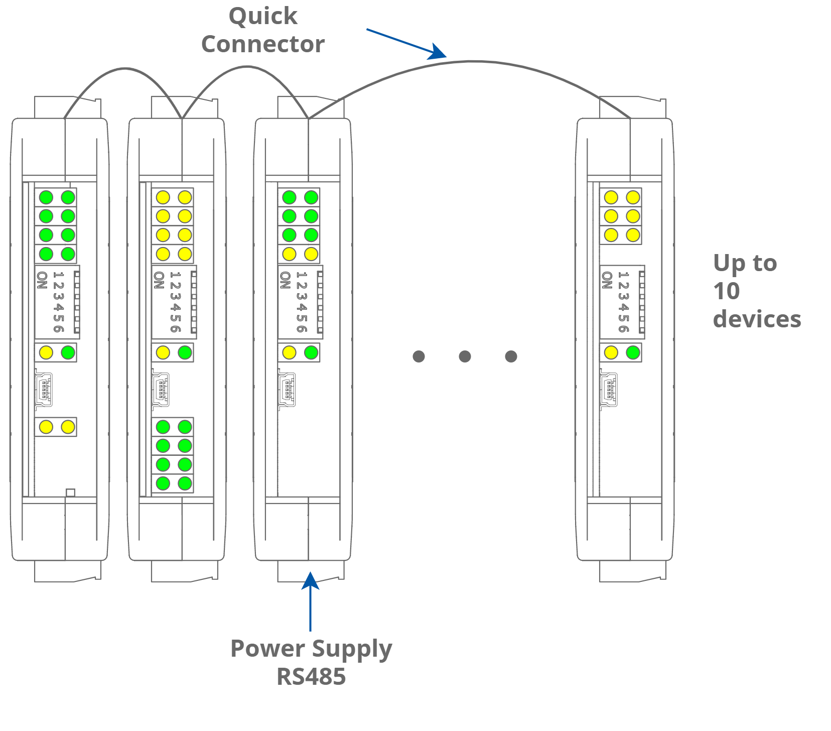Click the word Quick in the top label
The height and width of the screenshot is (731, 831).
pyautogui.click(x=263, y=17)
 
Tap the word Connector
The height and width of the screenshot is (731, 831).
pyautogui.click(x=263, y=44)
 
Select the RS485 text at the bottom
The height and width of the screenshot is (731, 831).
pyautogui.click(x=311, y=676)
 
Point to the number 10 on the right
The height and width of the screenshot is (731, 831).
pyautogui.click(x=726, y=291)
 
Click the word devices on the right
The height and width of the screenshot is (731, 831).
pyautogui.click(x=757, y=319)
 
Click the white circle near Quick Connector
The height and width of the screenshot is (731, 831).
pyautogui.click(x=406, y=49)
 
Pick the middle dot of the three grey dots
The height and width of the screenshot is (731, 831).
pyautogui.click(x=465, y=356)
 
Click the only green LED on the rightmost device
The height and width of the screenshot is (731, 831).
pyautogui.click(x=633, y=352)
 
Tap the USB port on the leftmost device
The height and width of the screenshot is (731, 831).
pyautogui.click(x=44, y=389)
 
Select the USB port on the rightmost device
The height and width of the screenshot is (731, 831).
pyautogui.click(x=609, y=389)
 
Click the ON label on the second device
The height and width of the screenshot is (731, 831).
pyautogui.click(x=159, y=280)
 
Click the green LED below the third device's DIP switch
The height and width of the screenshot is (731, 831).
pyautogui.click(x=311, y=352)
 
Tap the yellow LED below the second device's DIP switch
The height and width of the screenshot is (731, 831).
pyautogui.click(x=163, y=352)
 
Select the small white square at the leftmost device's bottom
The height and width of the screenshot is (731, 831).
pyautogui.click(x=70, y=493)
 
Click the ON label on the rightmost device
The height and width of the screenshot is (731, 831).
pyautogui.click(x=607, y=280)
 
